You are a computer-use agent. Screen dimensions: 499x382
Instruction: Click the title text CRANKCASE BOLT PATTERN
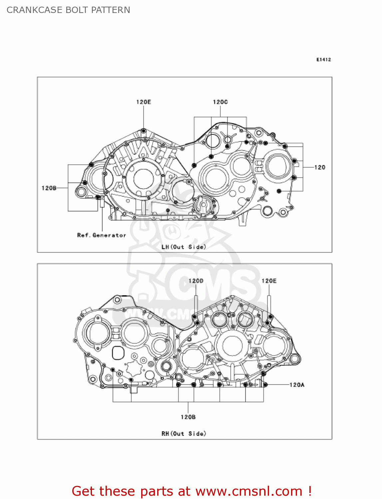pyautogui.click(x=68, y=10)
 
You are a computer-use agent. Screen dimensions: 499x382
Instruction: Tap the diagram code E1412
pyautogui.click(x=323, y=60)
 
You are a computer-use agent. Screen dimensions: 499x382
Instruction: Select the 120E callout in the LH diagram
pyautogui.click(x=144, y=102)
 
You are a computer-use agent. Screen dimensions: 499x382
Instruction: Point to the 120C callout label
pyautogui.click(x=220, y=102)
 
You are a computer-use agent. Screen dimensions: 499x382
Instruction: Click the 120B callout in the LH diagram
pyautogui.click(x=49, y=188)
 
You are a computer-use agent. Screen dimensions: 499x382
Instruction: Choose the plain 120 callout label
pyautogui.click(x=320, y=167)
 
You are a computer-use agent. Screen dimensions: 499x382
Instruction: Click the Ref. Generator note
pyautogui.click(x=102, y=235)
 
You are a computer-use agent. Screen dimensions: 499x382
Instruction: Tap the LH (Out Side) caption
pyautogui.click(x=184, y=247)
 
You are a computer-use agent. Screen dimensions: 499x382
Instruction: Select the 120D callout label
pyautogui.click(x=196, y=281)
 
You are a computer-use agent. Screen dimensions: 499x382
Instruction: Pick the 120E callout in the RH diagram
pyautogui.click(x=269, y=281)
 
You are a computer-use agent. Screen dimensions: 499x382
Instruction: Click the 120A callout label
pyautogui.click(x=297, y=385)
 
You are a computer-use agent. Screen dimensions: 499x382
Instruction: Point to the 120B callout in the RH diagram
pyautogui.click(x=188, y=417)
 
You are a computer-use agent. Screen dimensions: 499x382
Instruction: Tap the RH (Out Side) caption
pyautogui.click(x=184, y=433)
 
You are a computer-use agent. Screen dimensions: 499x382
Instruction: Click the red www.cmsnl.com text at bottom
pyautogui.click(x=248, y=491)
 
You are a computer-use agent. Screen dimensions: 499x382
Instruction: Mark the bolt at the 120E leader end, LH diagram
pyautogui.click(x=144, y=131)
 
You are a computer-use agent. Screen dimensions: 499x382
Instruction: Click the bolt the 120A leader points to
pyautogui.click(x=265, y=385)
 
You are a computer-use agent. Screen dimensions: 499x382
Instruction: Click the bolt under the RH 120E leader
pyautogui.click(x=270, y=317)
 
